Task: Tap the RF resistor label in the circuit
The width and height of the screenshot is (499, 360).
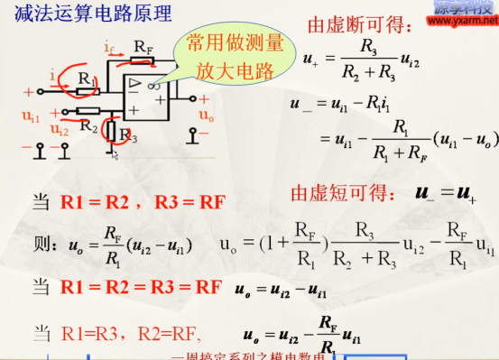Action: coord(141,45)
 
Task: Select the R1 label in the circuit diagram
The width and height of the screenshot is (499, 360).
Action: coord(86,80)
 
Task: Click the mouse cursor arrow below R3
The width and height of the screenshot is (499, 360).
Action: coord(115,156)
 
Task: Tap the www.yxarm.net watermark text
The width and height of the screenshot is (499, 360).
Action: coord(463,16)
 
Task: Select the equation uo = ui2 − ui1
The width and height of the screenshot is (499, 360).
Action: coord(281,291)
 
